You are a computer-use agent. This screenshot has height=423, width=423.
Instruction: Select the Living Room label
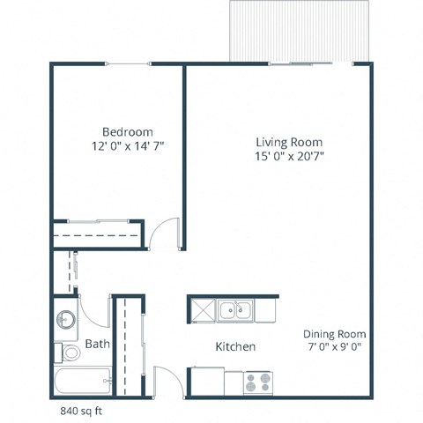[x=289, y=142]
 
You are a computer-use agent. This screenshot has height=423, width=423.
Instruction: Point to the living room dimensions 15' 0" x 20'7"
[x=289, y=158]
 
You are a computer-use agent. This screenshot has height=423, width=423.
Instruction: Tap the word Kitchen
[x=235, y=347]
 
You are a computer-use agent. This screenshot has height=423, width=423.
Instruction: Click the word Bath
[x=97, y=345]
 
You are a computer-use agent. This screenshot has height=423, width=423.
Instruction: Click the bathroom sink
[x=66, y=320]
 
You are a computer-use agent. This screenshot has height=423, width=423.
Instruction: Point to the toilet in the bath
[x=69, y=353]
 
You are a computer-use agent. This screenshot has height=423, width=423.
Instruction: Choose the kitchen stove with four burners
[x=258, y=383]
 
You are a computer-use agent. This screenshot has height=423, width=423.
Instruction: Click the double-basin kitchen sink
[x=235, y=310]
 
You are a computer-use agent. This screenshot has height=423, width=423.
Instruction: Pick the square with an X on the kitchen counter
[x=202, y=310]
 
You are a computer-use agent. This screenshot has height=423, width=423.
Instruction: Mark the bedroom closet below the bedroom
[x=97, y=235]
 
